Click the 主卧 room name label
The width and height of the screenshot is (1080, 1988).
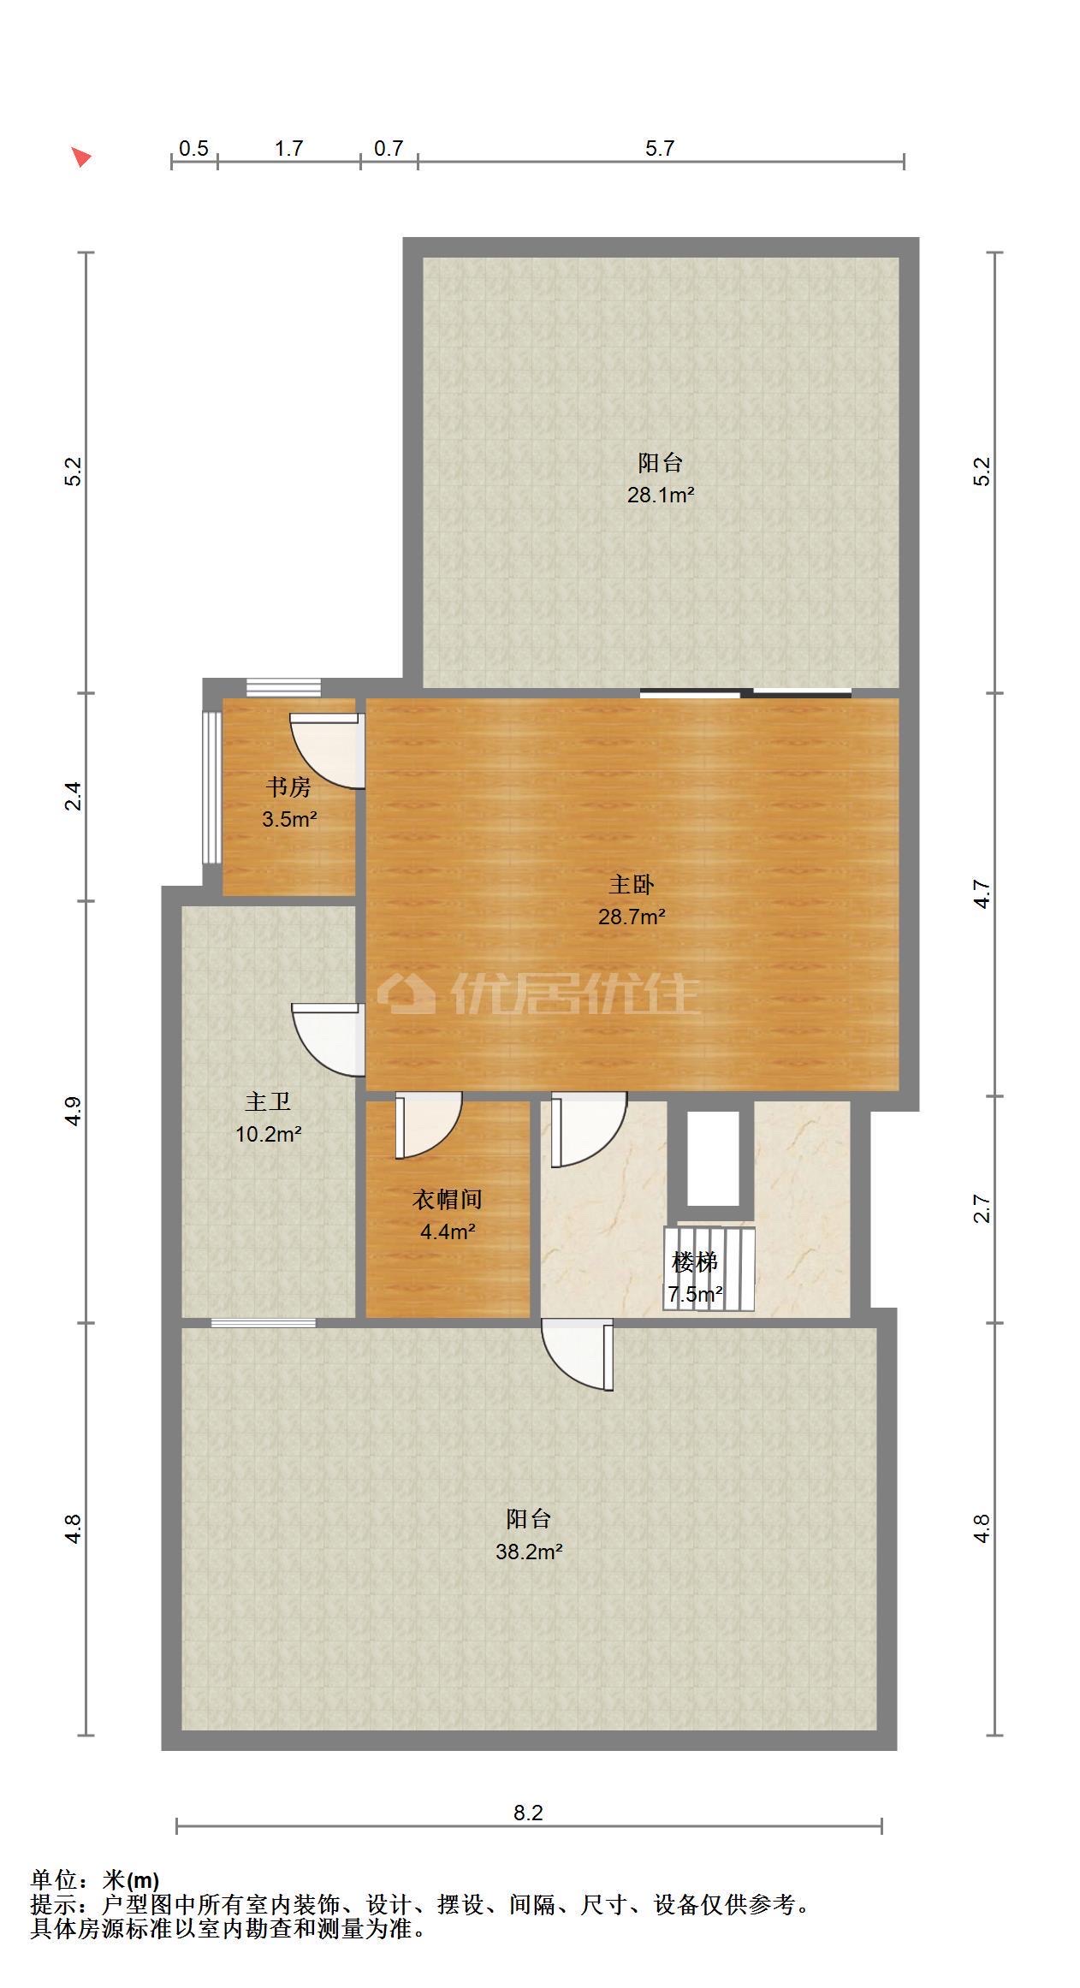[632, 883]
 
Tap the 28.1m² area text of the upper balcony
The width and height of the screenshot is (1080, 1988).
[660, 495]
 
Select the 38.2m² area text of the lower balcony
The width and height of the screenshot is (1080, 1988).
[529, 1552]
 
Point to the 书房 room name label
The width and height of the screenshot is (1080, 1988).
[288, 786]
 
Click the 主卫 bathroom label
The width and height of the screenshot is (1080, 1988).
[268, 1101]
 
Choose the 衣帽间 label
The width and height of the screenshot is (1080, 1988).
[448, 1199]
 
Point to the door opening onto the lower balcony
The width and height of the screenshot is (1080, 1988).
[578, 1355]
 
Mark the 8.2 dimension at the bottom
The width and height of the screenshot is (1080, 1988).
[528, 1812]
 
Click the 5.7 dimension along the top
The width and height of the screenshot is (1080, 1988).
[660, 148]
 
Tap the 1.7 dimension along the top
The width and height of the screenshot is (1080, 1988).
[288, 148]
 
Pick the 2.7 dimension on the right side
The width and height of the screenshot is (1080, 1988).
[982, 1208]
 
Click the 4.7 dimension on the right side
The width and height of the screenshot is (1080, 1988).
[982, 894]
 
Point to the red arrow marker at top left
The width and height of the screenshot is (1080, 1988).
[81, 157]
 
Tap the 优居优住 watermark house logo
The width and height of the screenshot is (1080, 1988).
[406, 994]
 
